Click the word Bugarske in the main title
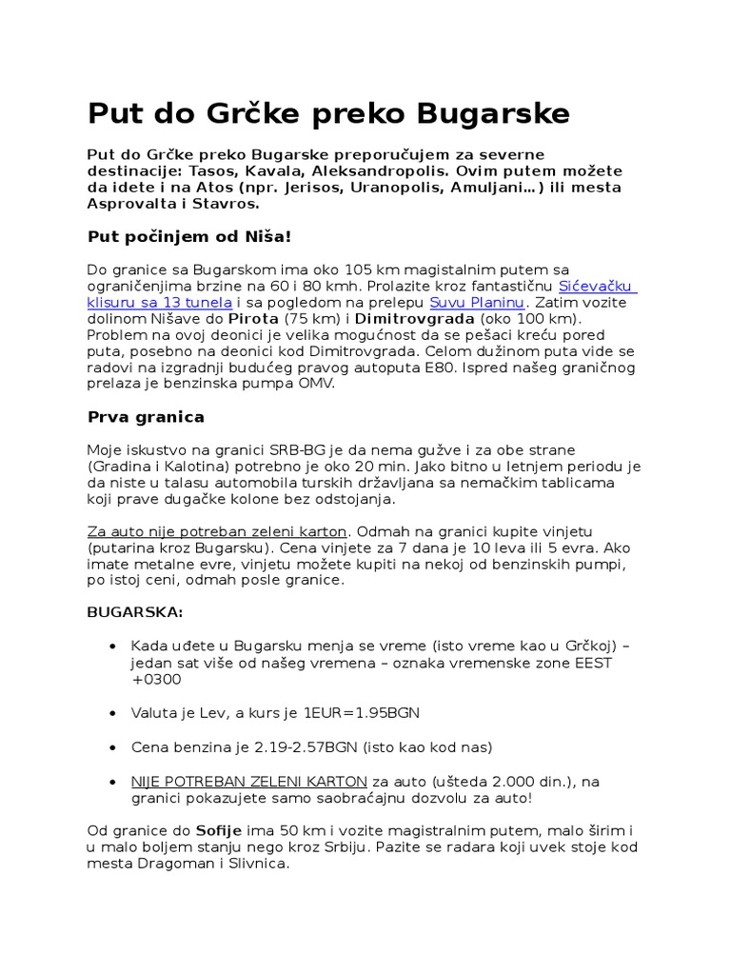pyautogui.click(x=494, y=113)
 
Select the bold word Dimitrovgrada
pyautogui.click(x=415, y=319)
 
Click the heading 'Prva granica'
pyautogui.click(x=146, y=417)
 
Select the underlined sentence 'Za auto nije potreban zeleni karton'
pyautogui.click(x=218, y=530)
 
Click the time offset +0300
pyautogui.click(x=155, y=679)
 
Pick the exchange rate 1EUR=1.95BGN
pyautogui.click(x=362, y=712)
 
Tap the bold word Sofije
pyautogui.click(x=220, y=830)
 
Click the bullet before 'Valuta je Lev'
pyautogui.click(x=114, y=713)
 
